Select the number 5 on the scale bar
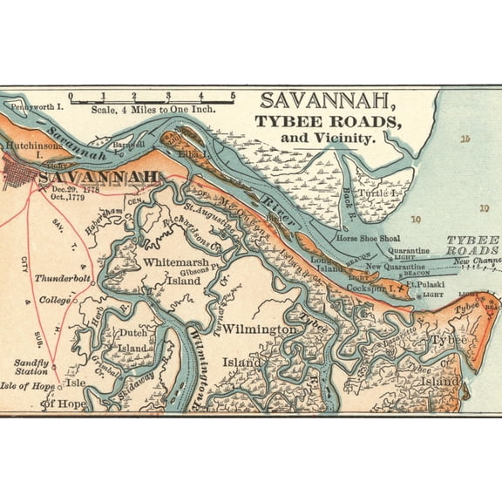coord(233,96)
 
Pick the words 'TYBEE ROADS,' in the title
coord(328,121)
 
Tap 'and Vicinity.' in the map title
coord(327,138)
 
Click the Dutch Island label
coord(132,340)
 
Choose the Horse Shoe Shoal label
coord(370,237)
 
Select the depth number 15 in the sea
coord(465,139)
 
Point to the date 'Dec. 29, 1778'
coord(77,189)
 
